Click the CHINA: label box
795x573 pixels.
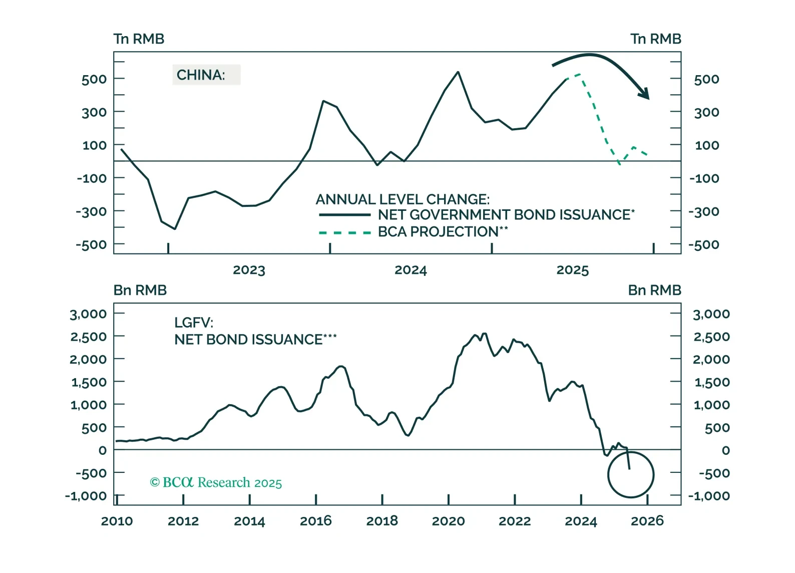coord(206,75)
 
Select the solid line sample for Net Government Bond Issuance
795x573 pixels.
coord(344,215)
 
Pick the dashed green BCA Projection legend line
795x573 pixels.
coord(344,233)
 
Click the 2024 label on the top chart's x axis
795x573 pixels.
coord(411,270)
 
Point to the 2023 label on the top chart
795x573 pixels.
coord(249,270)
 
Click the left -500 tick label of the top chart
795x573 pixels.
coord(91,245)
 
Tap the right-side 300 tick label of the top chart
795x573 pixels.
coord(706,112)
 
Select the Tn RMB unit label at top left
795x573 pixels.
coord(139,39)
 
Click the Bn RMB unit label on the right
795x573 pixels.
coord(654,291)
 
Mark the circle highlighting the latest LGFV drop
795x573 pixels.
coord(631,474)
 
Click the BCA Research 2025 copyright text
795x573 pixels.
coord(216,482)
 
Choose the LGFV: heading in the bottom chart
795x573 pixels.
coord(194,323)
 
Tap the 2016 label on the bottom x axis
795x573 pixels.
coord(315,521)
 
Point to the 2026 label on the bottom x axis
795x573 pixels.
coord(647,521)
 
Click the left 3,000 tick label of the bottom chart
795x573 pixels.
coord(88,314)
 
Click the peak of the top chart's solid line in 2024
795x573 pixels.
coord(458,72)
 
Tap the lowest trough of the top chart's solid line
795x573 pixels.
coord(175,229)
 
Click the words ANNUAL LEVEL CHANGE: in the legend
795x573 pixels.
coord(403,199)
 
